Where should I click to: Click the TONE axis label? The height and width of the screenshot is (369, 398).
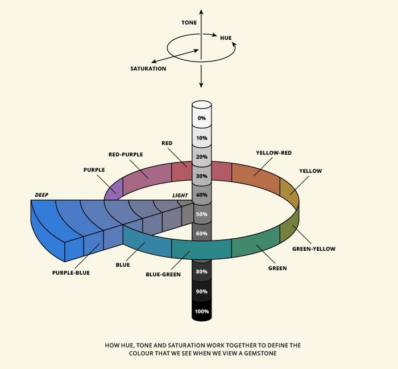point(189,23)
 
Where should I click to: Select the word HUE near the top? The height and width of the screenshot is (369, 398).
point(226,38)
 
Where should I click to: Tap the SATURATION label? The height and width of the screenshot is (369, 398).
point(148,69)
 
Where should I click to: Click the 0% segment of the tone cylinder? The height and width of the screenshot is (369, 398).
point(202,118)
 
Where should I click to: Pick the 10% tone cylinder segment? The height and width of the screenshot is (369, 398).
point(202,138)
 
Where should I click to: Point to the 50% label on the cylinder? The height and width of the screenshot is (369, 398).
point(202,214)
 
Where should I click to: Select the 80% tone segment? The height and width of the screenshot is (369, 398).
point(202,272)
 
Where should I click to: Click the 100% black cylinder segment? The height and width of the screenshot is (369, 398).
point(202,312)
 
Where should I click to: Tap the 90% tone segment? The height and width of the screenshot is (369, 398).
point(202,292)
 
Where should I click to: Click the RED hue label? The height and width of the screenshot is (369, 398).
point(167,143)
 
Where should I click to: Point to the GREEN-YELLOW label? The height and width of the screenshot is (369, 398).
point(314,248)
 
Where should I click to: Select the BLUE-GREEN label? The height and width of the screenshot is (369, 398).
point(163,275)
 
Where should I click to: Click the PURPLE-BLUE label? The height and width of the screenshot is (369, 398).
point(71,273)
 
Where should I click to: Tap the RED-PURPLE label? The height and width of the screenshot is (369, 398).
point(125,154)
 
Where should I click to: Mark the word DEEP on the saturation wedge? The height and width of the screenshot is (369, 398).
point(41,195)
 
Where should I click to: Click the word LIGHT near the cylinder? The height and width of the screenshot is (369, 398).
point(180,195)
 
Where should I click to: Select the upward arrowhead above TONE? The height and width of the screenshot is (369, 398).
point(201,11)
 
